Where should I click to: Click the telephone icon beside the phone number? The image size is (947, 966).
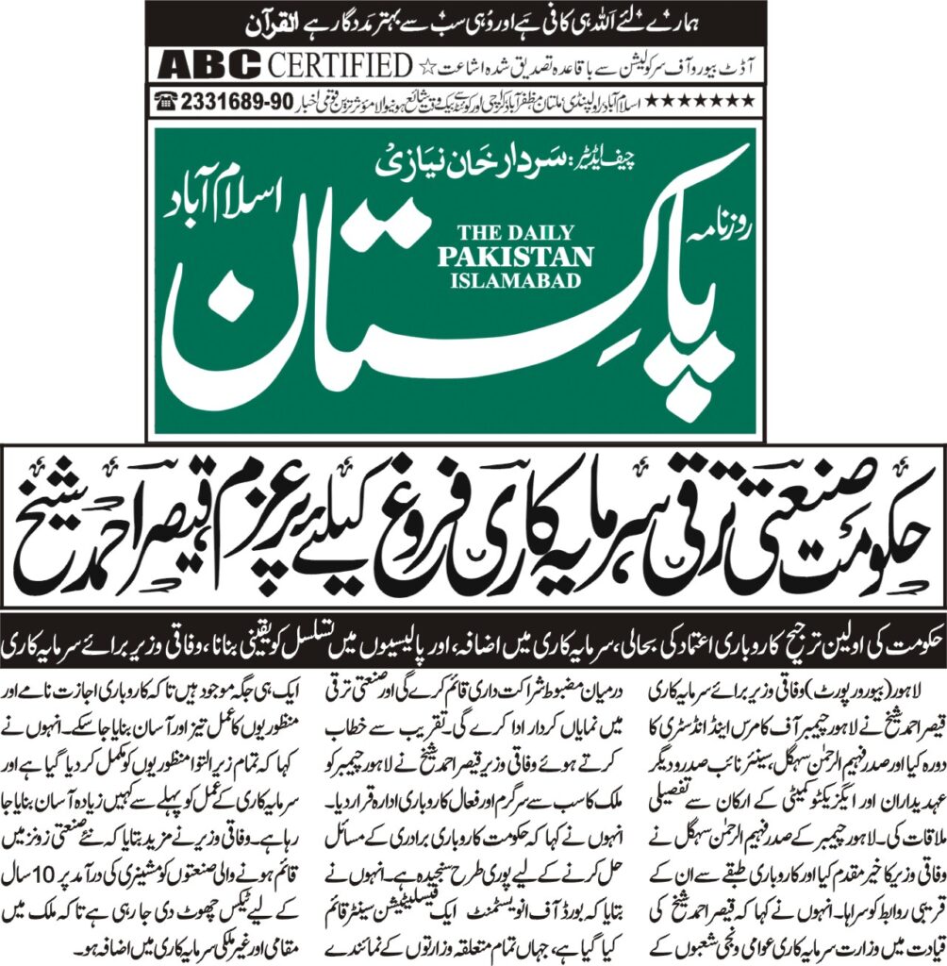(171, 99)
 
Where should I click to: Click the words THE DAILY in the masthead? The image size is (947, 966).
(526, 233)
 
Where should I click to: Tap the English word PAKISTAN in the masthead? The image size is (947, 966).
(526, 257)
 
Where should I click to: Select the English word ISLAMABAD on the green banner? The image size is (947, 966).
(526, 280)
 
